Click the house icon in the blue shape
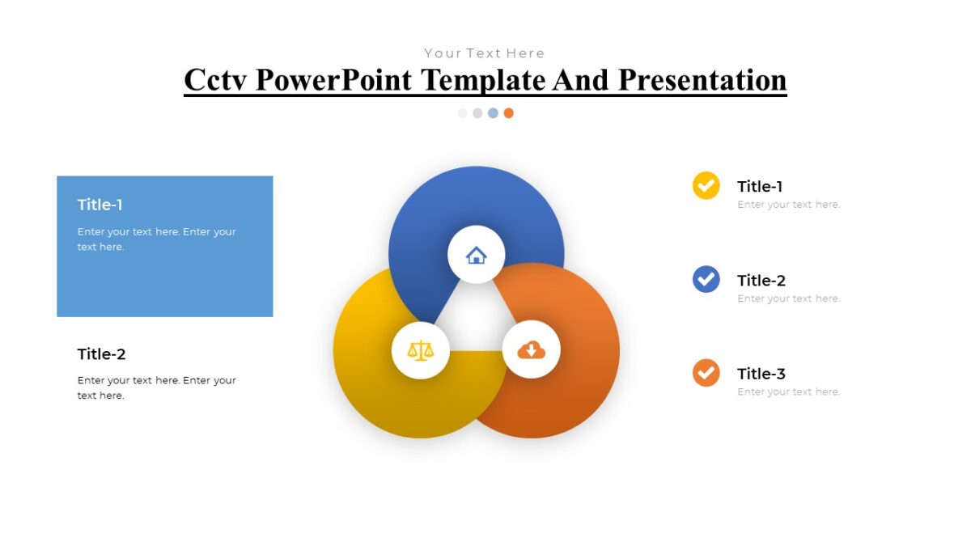[476, 256]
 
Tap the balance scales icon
[420, 349]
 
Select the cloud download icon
[531, 349]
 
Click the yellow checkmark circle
[706, 185]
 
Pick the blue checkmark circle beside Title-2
[706, 279]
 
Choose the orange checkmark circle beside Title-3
[706, 373]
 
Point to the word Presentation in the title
[702, 80]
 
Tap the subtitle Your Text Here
[484, 53]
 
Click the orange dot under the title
[508, 113]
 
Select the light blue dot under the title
[493, 113]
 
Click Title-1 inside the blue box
[100, 205]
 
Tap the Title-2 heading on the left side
[102, 354]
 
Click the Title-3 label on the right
[761, 374]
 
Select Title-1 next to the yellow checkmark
[760, 187]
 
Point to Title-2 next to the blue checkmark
[761, 281]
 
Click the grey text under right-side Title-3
[788, 392]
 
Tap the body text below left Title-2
[156, 387]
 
